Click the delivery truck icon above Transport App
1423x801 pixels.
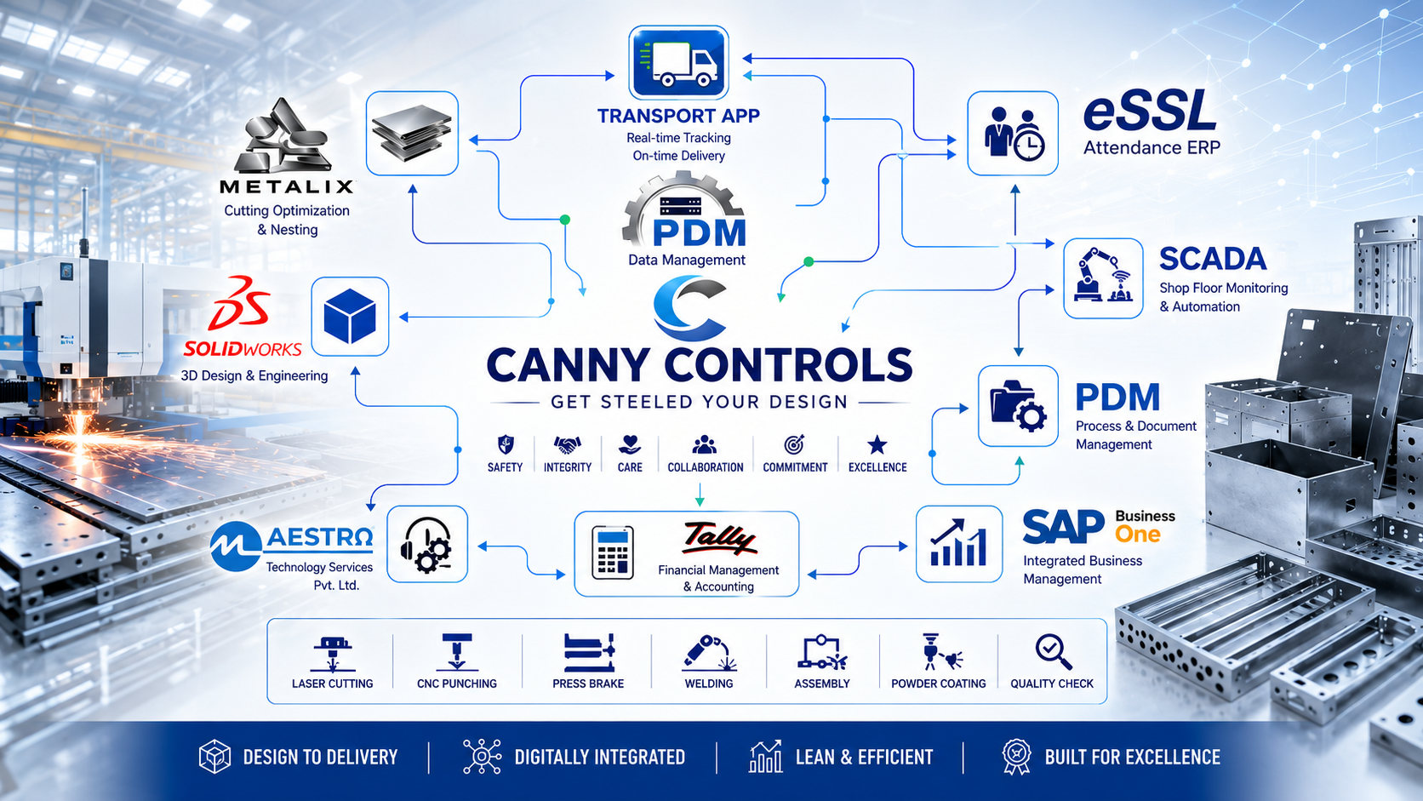(678, 62)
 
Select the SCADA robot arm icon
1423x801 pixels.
(1103, 277)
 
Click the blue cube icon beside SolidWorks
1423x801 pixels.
(350, 316)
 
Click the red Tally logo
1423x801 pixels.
(718, 538)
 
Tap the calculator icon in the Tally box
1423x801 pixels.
(613, 552)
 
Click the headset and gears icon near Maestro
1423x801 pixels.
(426, 545)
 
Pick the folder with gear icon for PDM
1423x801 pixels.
(1018, 406)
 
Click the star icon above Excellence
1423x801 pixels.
(877, 444)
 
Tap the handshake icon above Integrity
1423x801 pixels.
(568, 444)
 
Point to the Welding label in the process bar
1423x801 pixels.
(708, 684)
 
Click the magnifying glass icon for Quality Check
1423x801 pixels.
(1053, 652)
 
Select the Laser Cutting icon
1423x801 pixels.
(332, 654)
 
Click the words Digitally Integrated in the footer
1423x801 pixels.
(600, 758)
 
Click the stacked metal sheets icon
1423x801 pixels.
(412, 134)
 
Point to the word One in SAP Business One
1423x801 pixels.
(1138, 535)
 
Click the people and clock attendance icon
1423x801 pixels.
(1013, 134)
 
